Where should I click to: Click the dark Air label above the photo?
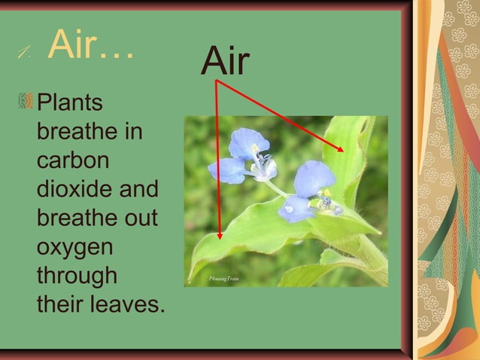point(225,61)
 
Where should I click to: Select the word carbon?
point(72,161)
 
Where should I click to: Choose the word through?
point(76,277)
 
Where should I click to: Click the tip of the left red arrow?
point(219,239)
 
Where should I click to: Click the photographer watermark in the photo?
point(223,279)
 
